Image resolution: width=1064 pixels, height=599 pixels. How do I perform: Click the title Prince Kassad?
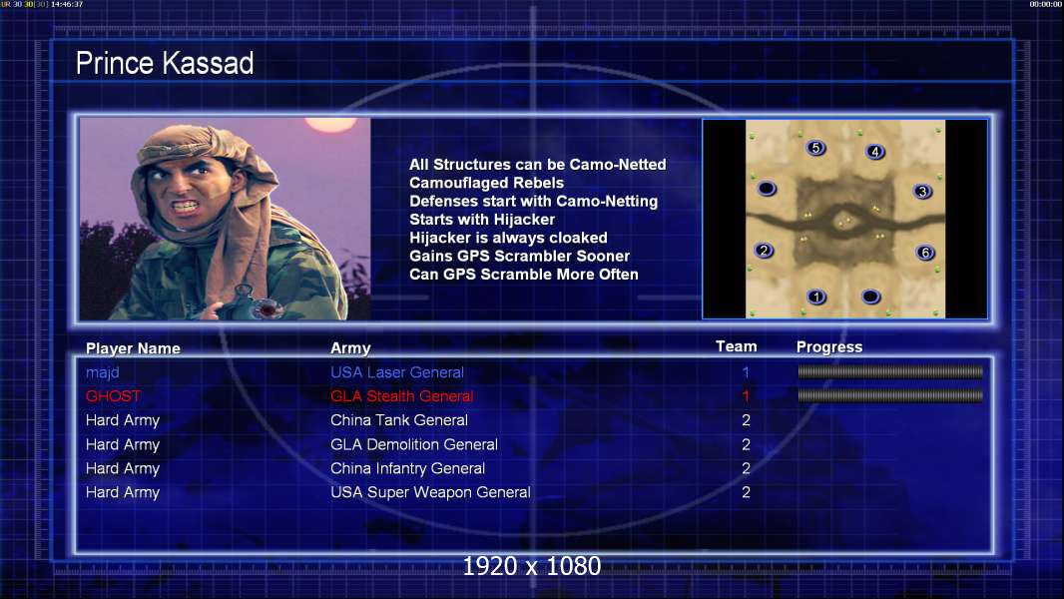(x=165, y=63)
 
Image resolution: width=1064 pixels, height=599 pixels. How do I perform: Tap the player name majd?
(x=103, y=372)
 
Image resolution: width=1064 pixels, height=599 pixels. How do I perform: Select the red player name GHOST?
(x=114, y=396)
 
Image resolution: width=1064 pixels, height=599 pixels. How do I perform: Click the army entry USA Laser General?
(x=397, y=372)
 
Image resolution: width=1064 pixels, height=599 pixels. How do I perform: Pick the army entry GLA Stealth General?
(x=401, y=396)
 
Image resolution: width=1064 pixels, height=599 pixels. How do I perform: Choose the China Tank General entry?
(x=399, y=420)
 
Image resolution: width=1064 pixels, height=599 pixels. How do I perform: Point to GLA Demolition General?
(x=414, y=444)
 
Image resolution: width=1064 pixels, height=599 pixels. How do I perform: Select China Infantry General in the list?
(x=408, y=468)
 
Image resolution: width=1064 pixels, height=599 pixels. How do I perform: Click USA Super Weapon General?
(x=430, y=492)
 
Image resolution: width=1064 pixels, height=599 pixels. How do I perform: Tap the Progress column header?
(x=829, y=347)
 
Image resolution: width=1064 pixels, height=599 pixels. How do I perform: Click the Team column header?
(x=737, y=346)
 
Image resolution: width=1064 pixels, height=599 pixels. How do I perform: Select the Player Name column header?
(x=133, y=348)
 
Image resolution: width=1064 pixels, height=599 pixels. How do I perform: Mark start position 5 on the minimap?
(x=815, y=147)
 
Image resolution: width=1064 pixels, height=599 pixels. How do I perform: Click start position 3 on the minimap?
(x=922, y=192)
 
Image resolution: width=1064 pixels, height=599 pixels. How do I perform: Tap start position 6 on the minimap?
(x=925, y=253)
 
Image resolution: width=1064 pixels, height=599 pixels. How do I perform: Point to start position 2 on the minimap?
(x=765, y=251)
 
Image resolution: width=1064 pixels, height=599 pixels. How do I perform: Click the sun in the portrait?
(x=330, y=124)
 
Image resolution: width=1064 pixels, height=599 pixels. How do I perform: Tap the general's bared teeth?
(x=185, y=205)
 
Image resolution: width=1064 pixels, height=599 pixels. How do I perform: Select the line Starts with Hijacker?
(x=482, y=220)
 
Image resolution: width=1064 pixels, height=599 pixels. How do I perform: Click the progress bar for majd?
(x=890, y=371)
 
